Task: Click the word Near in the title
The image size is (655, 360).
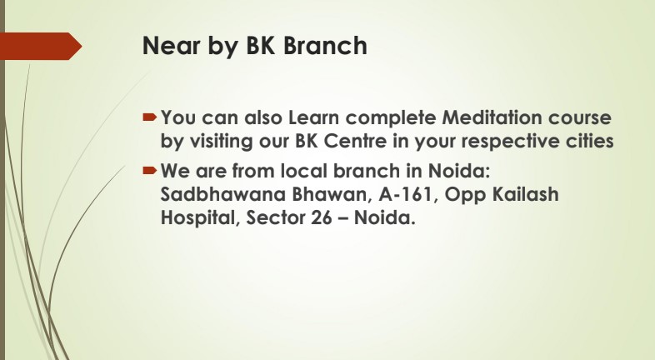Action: coord(172,45)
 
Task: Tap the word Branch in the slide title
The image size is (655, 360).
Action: coord(325,45)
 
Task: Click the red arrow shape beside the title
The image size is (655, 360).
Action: coord(41,46)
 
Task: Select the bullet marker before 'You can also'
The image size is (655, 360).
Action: coord(149,117)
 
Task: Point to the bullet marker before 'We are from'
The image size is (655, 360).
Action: coord(149,170)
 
